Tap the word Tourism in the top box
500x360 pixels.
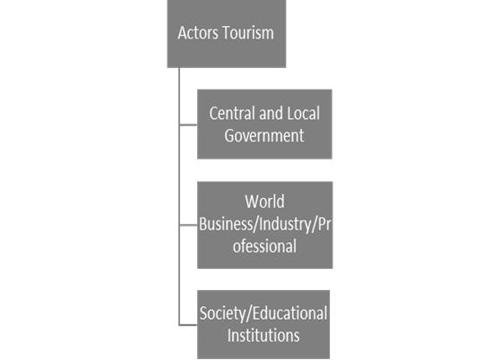point(248,33)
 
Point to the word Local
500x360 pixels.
point(303,114)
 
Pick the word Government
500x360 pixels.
point(264,136)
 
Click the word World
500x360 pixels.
point(264,201)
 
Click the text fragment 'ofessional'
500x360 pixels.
point(264,245)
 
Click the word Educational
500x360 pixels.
point(292,313)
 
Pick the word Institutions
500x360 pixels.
point(263,336)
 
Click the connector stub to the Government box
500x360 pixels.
point(188,126)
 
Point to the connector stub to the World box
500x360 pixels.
point(188,225)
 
